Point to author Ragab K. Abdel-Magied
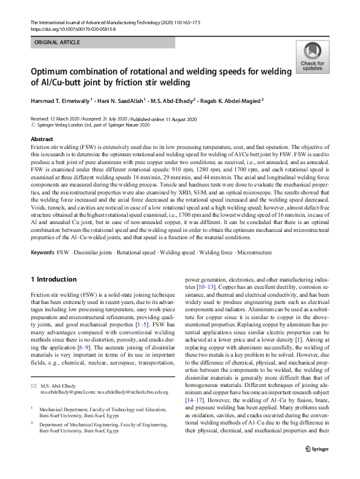[228, 101]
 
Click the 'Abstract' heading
[42, 139]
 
